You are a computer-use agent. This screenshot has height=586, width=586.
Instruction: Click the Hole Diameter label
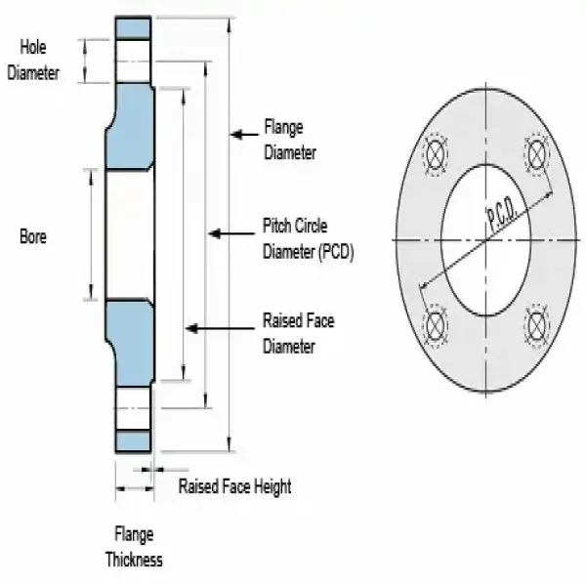tap(33, 59)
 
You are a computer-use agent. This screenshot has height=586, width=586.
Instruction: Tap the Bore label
tap(33, 235)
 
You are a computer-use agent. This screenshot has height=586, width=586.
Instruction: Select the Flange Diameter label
tap(290, 140)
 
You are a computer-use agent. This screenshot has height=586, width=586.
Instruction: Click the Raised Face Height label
tap(234, 486)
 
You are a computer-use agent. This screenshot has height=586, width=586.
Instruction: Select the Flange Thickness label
tap(134, 548)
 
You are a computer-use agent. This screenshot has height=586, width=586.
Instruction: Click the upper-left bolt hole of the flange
tap(435, 153)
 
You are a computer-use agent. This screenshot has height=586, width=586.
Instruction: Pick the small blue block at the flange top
tap(134, 26)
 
